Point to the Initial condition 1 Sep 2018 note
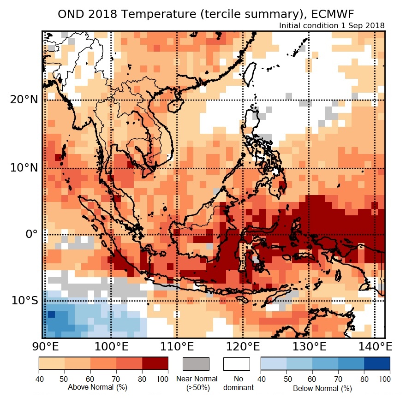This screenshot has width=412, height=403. click(332, 25)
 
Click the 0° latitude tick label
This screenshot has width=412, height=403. click(30, 234)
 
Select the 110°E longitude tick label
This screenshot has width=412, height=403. click(177, 346)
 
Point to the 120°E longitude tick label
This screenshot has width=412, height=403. click(243, 346)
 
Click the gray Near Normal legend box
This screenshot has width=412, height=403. click(196, 364)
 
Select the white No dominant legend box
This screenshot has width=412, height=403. click(236, 364)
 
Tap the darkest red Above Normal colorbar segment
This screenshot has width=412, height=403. click(155, 363)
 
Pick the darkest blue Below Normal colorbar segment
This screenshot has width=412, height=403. click(377, 363)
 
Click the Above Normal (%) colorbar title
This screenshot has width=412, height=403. click(91, 387)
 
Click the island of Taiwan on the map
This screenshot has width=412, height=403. click(249, 74)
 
